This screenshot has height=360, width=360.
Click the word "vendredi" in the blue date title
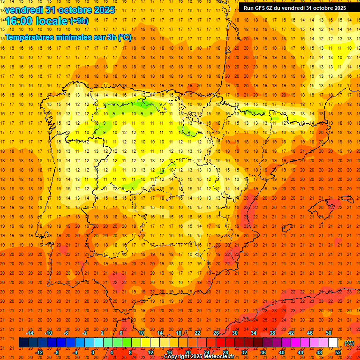click(23, 10)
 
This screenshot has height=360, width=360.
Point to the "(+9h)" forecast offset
click(78, 21)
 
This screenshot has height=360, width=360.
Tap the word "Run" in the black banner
click(248, 7)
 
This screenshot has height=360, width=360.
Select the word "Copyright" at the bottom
click(177, 357)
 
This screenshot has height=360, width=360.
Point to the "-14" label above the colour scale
click(30, 333)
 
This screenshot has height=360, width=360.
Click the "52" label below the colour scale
click(338, 352)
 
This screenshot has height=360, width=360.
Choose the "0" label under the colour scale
click(93, 352)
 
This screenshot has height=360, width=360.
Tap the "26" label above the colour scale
click(216, 333)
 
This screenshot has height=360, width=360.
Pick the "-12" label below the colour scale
click(39, 352)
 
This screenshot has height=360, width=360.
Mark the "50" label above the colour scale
click(329, 333)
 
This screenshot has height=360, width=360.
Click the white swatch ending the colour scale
click(333, 342)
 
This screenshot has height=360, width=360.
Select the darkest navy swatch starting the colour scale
click(23, 342)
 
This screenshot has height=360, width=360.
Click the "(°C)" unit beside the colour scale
click(349, 343)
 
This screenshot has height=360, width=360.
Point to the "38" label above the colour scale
click(272, 333)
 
